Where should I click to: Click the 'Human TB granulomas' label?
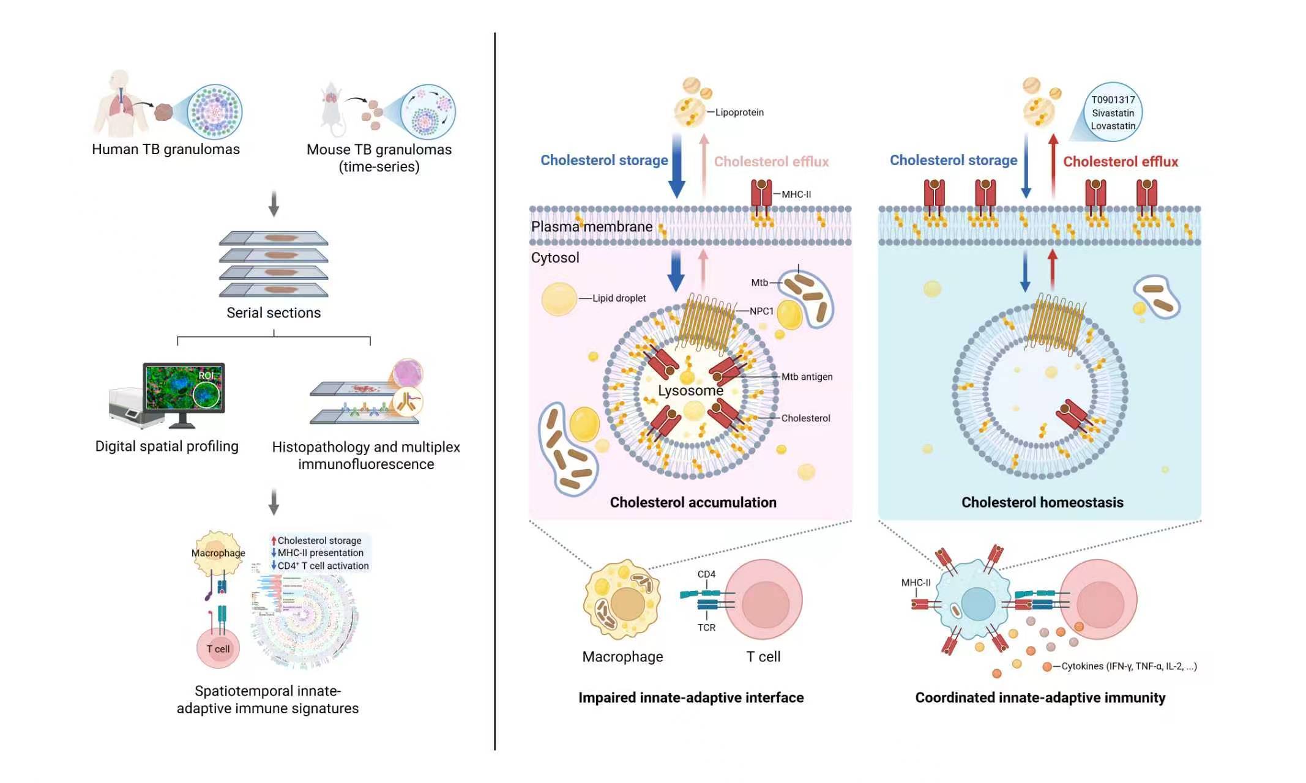[166, 149]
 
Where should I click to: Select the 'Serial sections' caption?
[274, 313]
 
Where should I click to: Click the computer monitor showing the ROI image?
[184, 388]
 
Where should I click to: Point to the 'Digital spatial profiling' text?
[166, 447]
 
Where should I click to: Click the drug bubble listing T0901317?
[1113, 113]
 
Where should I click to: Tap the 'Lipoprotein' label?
[739, 113]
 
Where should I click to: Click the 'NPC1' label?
[761, 311]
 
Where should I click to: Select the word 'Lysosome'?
[690, 390]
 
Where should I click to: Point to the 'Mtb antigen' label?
[807, 377]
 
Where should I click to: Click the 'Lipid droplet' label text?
[619, 299]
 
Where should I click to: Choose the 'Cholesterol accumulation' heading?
[693, 503]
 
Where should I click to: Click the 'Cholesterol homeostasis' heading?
[1042, 503]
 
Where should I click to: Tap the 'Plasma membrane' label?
[591, 227]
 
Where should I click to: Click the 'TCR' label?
[706, 628]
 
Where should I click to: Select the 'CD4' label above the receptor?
[706, 574]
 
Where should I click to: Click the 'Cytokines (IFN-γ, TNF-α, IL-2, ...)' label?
[1129, 666]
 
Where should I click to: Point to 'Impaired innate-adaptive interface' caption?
[691, 698]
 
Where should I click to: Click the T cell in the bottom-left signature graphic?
[218, 649]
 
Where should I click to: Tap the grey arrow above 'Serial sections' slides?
[274, 204]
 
